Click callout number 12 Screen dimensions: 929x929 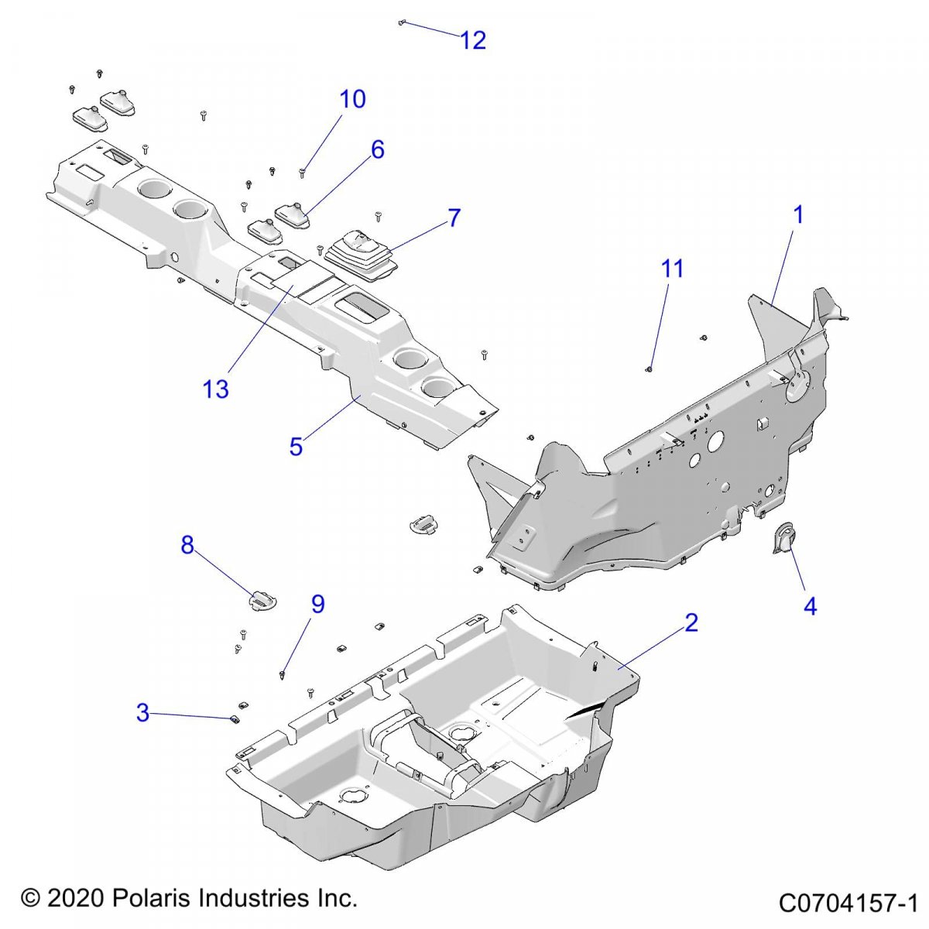coord(473,40)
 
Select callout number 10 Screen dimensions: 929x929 coord(352,99)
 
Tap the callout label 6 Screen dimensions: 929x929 coord(378,149)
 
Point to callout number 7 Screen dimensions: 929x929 coord(454,218)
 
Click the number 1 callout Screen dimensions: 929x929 coord(798,215)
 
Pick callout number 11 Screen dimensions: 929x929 coord(672,269)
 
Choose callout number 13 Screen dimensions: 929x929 coord(216,389)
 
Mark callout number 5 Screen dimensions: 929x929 coord(296,446)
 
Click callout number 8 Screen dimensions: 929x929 coord(187,545)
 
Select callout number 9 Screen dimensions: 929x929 coord(318,604)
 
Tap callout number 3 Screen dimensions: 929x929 coord(142,712)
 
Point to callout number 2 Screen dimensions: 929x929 coord(691,622)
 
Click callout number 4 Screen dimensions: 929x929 coord(810,606)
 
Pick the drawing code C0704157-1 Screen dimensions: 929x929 coord(848,903)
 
